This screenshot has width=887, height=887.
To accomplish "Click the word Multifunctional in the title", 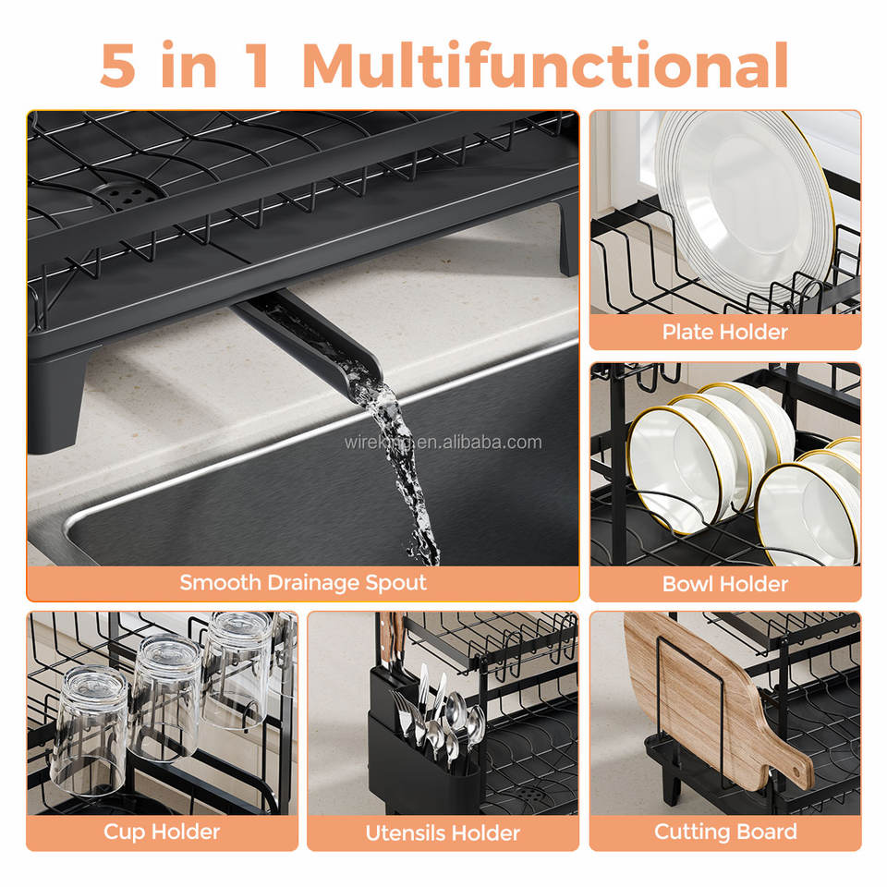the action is pyautogui.click(x=545, y=65).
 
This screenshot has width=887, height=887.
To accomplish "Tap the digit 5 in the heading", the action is pyautogui.click(x=118, y=65).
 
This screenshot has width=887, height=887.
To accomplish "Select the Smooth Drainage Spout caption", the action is pyautogui.click(x=303, y=583).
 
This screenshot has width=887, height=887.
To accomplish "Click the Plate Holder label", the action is pyautogui.click(x=724, y=332).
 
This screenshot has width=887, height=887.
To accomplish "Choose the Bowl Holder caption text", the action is pyautogui.click(x=724, y=584).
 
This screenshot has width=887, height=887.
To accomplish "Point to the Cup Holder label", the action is pyautogui.click(x=162, y=832).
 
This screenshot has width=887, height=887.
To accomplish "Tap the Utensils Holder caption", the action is pyautogui.click(x=443, y=832).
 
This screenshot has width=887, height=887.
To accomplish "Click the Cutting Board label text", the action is pyautogui.click(x=725, y=832).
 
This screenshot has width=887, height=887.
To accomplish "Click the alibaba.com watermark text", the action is pyautogui.click(x=443, y=442).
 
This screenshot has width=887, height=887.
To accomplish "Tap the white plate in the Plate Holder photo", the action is pyautogui.click(x=744, y=198).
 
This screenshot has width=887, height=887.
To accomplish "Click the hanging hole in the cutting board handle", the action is pyautogui.click(x=796, y=772).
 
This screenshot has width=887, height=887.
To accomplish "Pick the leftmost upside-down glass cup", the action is pyautogui.click(x=90, y=730).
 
